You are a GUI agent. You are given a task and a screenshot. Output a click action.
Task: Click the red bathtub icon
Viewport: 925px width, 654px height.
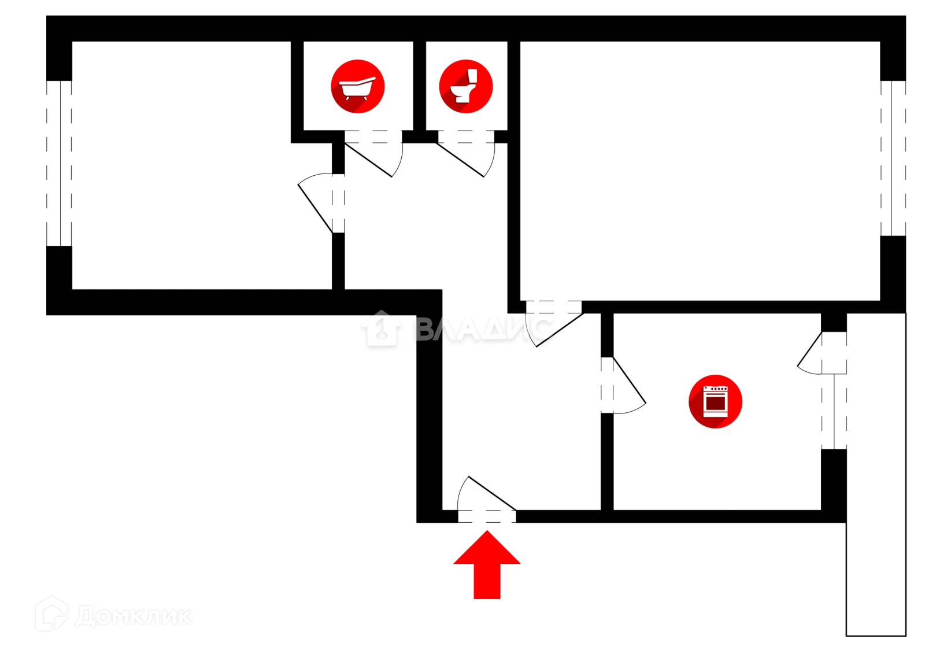(x=358, y=87)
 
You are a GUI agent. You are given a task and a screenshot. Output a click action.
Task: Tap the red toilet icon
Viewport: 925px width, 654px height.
(x=465, y=87)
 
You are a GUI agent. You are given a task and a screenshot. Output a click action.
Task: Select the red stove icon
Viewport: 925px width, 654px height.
(x=715, y=401)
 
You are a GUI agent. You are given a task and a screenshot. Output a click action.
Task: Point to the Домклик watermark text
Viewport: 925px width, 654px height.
(x=134, y=616)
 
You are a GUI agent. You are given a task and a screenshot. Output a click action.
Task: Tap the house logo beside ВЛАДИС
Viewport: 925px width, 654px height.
(x=382, y=328)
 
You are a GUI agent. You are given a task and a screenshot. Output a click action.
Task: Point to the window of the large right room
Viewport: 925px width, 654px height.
(x=893, y=158)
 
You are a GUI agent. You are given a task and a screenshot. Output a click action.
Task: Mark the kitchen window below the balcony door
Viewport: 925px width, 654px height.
(x=834, y=411)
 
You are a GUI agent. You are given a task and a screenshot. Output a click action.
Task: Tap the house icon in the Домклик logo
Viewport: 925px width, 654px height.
(x=52, y=614)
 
